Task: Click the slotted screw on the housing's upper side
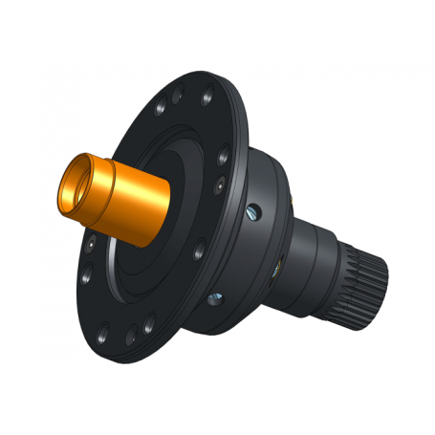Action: (253, 211)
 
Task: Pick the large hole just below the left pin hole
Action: (87, 278)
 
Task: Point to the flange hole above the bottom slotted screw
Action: (199, 254)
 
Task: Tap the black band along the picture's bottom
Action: (217, 402)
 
